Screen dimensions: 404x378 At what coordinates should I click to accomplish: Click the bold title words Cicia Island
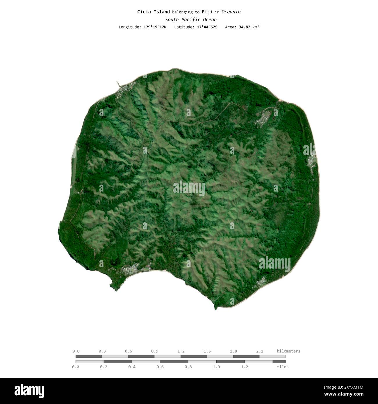[x=154, y=12]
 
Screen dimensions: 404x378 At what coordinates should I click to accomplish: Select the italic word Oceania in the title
[x=231, y=12]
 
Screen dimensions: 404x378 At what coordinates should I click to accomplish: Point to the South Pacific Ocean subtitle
[x=191, y=20]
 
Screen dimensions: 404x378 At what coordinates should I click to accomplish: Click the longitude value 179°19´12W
[x=155, y=27]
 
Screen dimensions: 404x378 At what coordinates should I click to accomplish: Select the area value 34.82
[x=245, y=27]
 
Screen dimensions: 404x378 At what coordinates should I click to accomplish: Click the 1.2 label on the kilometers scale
[x=181, y=351]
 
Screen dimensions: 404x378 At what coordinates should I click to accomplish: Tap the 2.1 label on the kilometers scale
[x=259, y=351]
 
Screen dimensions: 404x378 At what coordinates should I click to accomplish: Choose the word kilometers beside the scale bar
[x=288, y=351]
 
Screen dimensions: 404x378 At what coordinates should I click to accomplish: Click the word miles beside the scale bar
[x=283, y=367]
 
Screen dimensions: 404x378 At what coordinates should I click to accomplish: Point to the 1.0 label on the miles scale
[x=216, y=367]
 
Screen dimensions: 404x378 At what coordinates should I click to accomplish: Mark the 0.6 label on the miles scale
[x=160, y=367]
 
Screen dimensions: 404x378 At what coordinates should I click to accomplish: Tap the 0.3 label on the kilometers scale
[x=102, y=351]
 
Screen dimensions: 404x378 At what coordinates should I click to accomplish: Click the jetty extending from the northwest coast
[x=118, y=84]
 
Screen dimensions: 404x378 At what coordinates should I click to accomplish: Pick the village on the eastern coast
[x=311, y=161]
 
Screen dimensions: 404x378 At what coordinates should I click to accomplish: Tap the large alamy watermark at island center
[x=189, y=188]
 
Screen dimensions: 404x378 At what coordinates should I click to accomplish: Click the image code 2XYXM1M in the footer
[x=348, y=387]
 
